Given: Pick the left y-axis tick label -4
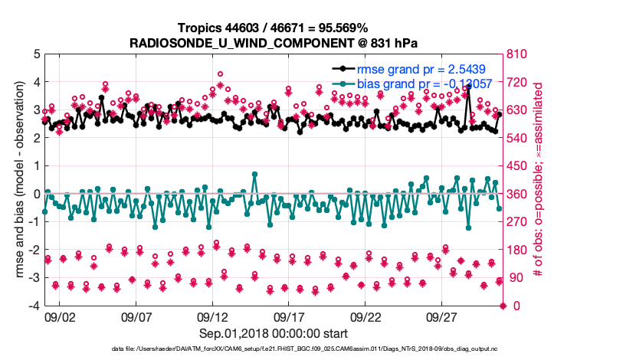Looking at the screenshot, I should (33, 306).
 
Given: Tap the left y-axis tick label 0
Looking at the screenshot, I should (36, 195).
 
